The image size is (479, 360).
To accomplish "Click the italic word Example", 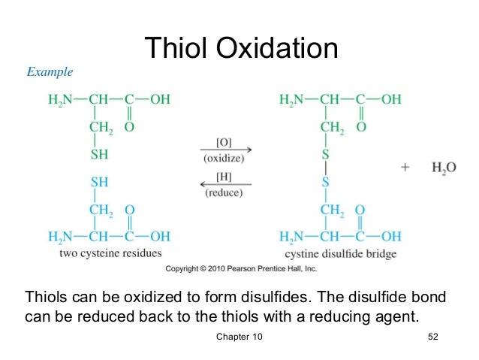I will tap(50, 73).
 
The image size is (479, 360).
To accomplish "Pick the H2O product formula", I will tap(444, 168).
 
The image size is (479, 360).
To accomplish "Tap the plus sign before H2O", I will tap(405, 168).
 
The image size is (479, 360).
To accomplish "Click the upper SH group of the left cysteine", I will tap(99, 154).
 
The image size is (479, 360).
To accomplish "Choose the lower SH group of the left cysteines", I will tap(99, 182).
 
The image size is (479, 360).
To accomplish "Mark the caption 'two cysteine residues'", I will tap(110, 253).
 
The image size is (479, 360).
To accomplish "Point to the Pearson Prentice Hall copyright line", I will tap(241, 268).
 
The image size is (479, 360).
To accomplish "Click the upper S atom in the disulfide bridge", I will tap(326, 154).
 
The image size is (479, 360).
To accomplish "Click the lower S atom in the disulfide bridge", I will tap(326, 182).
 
